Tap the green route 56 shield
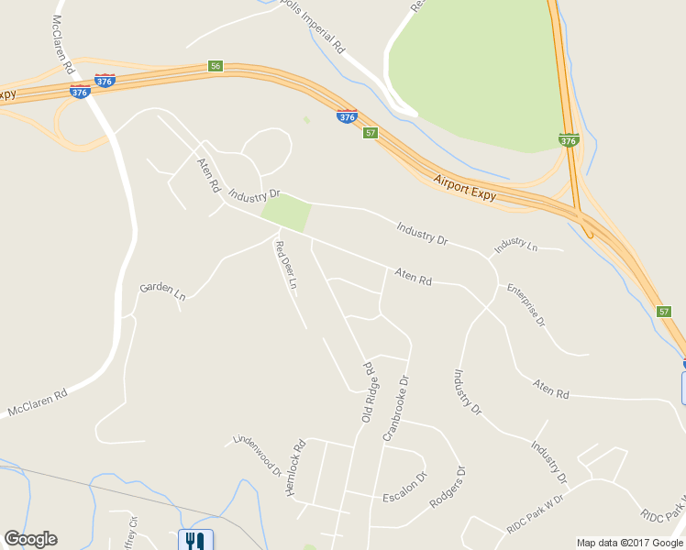(216, 66)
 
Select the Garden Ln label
(162, 291)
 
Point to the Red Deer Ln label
(287, 265)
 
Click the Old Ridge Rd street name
(369, 392)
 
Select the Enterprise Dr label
(526, 305)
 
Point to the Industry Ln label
(515, 246)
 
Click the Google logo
(30, 539)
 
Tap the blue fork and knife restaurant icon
(194, 541)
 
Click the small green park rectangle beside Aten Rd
(287, 213)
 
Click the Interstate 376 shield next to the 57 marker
(347, 117)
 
